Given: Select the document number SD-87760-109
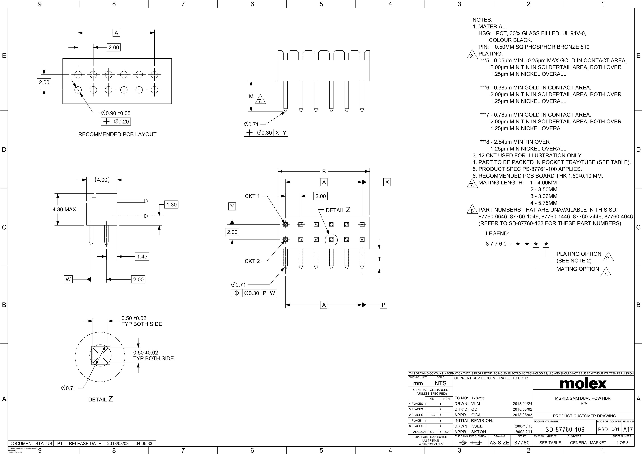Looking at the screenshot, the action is point(565,429).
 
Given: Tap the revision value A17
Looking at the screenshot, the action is point(628,429).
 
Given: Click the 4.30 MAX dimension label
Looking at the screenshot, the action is point(64,210).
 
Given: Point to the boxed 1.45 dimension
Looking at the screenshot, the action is point(142,257).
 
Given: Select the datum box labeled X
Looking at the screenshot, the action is point(387,182).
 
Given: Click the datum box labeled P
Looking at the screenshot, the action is point(383,305).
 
